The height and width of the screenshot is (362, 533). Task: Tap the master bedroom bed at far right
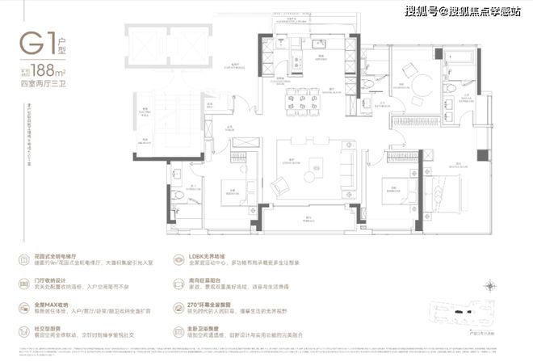pos(472,192)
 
